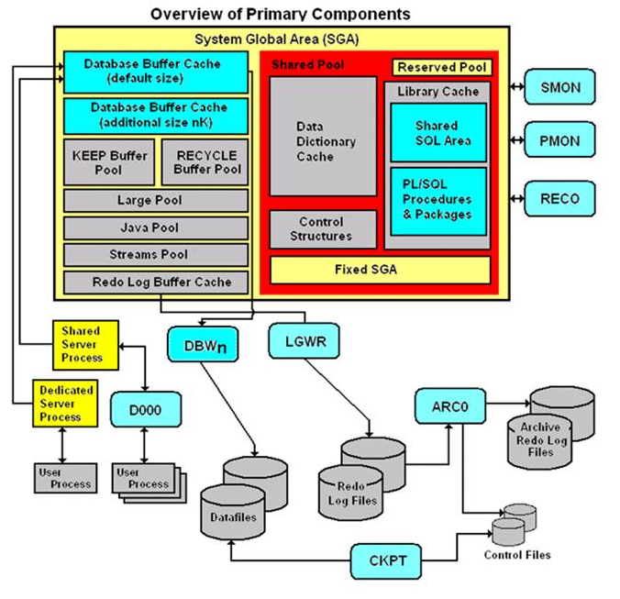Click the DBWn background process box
coord(198,344)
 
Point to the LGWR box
coord(299,341)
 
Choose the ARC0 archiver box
coord(448,405)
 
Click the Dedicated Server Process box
coord(66,404)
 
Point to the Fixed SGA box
coord(380,270)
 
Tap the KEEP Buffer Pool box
coord(109,161)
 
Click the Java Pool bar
coord(156,227)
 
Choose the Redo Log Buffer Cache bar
coord(156,282)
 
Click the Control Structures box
coord(322,229)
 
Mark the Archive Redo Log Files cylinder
coord(548,431)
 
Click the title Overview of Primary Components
coord(280,14)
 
